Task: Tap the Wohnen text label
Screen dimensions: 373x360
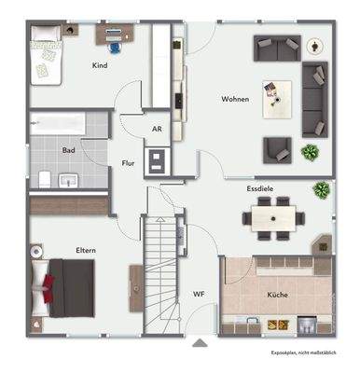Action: [234, 98]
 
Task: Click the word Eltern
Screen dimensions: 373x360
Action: [88, 250]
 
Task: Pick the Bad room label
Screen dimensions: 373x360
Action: [68, 149]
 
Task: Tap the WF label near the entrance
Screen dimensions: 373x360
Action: [199, 294]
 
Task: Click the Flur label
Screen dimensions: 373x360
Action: [128, 162]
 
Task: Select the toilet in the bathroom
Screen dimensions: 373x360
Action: [43, 178]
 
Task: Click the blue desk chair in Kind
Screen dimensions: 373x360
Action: [114, 45]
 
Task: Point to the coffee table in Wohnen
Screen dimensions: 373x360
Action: [276, 94]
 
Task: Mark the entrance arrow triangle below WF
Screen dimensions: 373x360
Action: [198, 342]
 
